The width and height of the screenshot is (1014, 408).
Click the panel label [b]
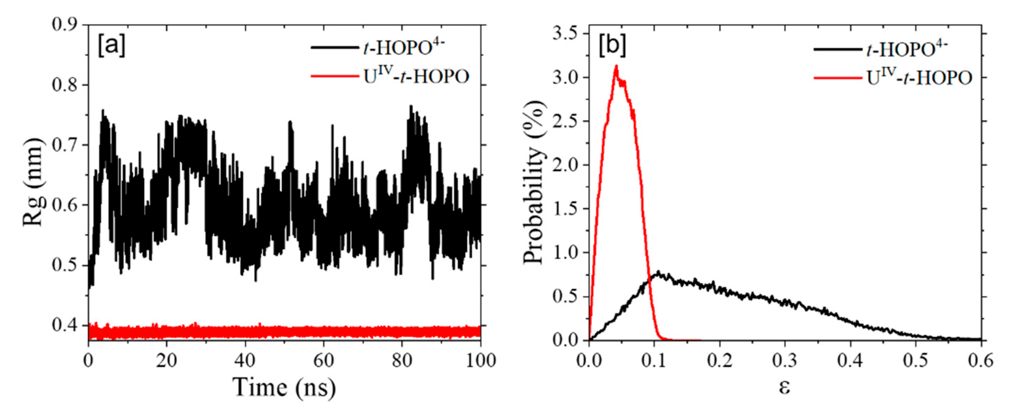[x=612, y=46]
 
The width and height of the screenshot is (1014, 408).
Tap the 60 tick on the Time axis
[x=324, y=360]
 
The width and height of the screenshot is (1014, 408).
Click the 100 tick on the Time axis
[x=481, y=360]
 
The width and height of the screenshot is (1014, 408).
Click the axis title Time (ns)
[x=284, y=387]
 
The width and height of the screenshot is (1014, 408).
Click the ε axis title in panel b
[x=784, y=387]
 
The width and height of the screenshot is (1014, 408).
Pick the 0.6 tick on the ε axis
[x=981, y=360]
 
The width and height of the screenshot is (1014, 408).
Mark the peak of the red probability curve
[x=616, y=66]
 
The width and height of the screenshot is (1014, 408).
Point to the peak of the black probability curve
[x=658, y=272]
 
